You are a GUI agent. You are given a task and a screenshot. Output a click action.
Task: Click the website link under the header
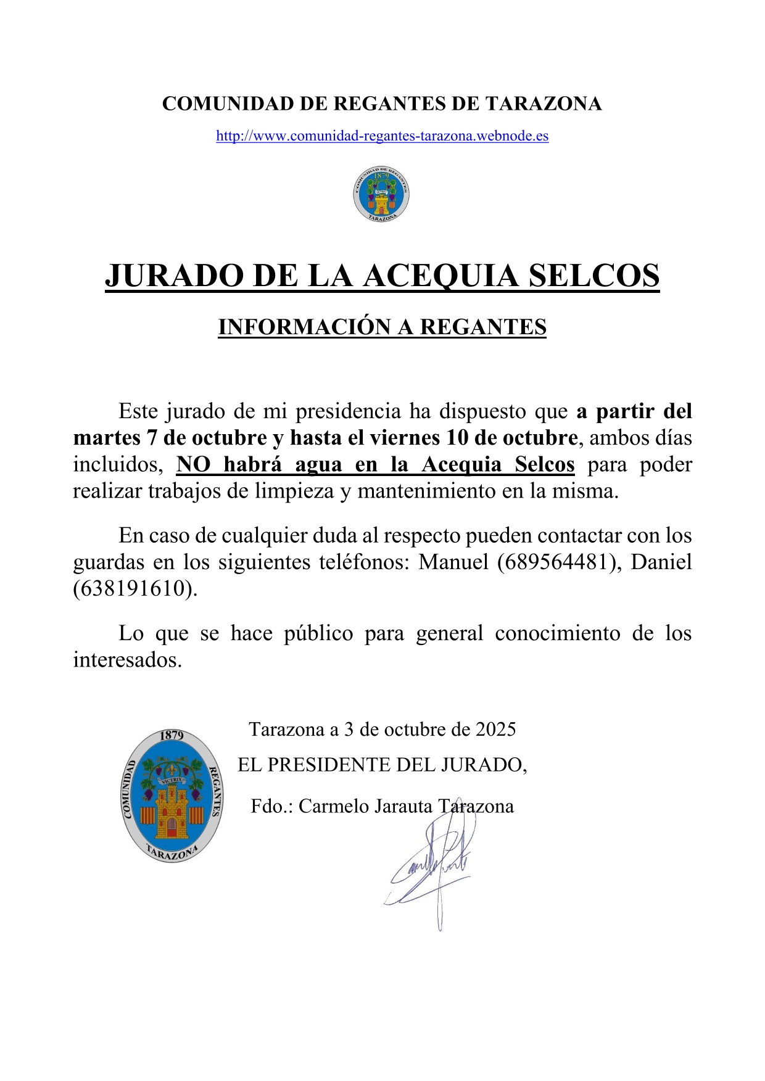pyautogui.click(x=382, y=136)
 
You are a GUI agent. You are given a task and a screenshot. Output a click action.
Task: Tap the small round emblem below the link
pyautogui.click(x=381, y=194)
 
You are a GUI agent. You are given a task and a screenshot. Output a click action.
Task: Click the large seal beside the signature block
pyautogui.click(x=172, y=795)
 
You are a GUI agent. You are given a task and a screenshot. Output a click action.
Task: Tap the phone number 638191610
pyautogui.click(x=135, y=589)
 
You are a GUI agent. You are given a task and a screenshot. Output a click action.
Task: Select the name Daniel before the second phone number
pyautogui.click(x=661, y=562)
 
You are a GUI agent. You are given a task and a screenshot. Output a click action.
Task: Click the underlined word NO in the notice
pyautogui.click(x=193, y=464)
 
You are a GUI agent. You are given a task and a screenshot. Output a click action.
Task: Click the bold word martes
pyautogui.click(x=107, y=438)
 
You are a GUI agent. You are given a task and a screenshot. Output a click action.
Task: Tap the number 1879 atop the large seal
pyautogui.click(x=172, y=736)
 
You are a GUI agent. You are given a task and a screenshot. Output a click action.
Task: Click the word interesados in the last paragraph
pyautogui.click(x=127, y=660)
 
